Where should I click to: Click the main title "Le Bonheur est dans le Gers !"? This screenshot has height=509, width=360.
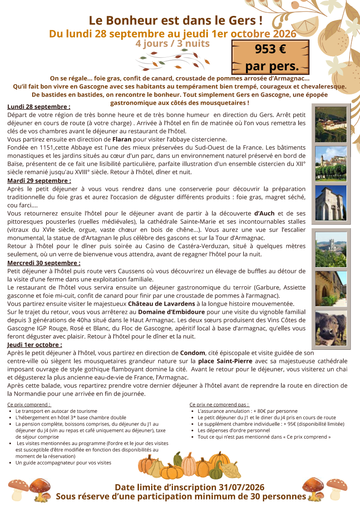coord(176,20)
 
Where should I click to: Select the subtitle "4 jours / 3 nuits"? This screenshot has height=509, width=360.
coord(173,44)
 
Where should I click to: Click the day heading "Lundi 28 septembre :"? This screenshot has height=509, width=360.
coord(39,107)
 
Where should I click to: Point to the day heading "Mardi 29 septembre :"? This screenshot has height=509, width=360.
coord(39,181)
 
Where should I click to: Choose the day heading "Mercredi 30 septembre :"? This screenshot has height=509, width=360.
coord(44,263)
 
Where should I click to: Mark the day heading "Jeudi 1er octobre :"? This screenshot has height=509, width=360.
coord(35,345)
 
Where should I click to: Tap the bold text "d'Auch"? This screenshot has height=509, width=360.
coord(264,213)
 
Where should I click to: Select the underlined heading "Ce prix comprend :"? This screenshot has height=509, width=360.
coord(29,404)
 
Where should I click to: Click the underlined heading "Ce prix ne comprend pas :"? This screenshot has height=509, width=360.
coord(219,404)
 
